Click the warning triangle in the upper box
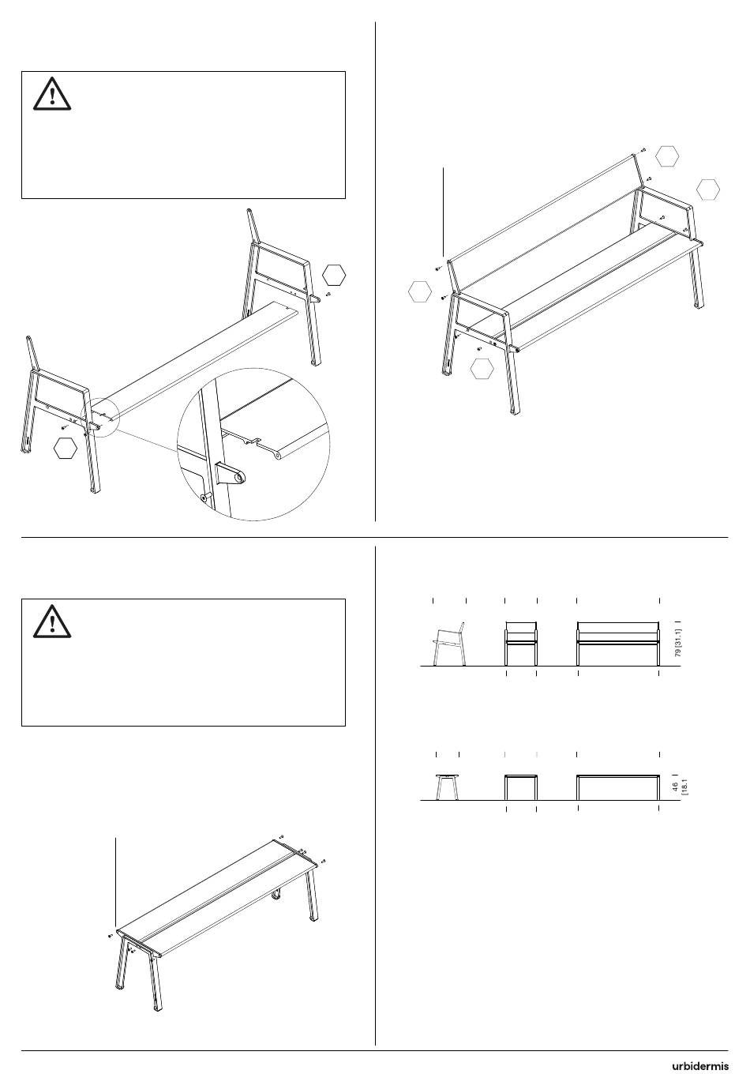(52, 94)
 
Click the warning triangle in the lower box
(52, 621)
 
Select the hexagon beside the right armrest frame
(333, 276)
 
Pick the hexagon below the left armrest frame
(66, 448)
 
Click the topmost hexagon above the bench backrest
(667, 156)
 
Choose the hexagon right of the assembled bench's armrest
(708, 190)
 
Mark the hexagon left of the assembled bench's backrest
(420, 291)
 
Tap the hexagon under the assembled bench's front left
(482, 369)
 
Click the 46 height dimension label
(675, 787)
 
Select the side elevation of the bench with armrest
(449, 644)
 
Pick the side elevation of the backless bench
(448, 787)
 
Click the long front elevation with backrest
(618, 644)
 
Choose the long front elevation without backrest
(618, 787)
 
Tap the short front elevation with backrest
(521, 644)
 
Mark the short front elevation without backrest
(521, 787)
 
